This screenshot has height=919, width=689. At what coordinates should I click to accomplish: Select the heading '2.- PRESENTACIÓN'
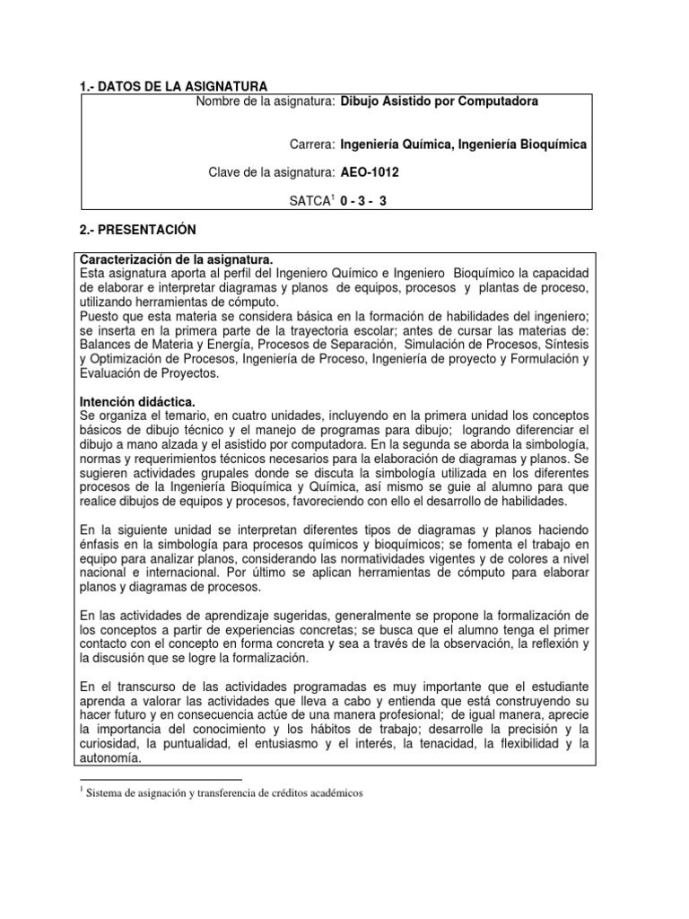[137, 230]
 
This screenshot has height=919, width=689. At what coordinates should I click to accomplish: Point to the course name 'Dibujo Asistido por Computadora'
[440, 101]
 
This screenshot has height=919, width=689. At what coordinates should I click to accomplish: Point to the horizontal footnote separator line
[161, 780]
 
